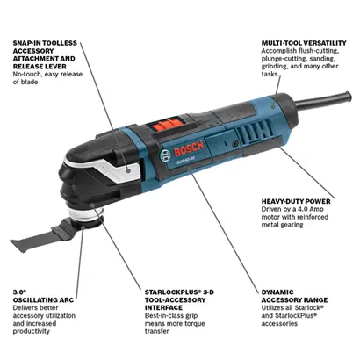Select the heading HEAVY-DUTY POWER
coord(294,200)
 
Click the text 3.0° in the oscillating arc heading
coord(18,289)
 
